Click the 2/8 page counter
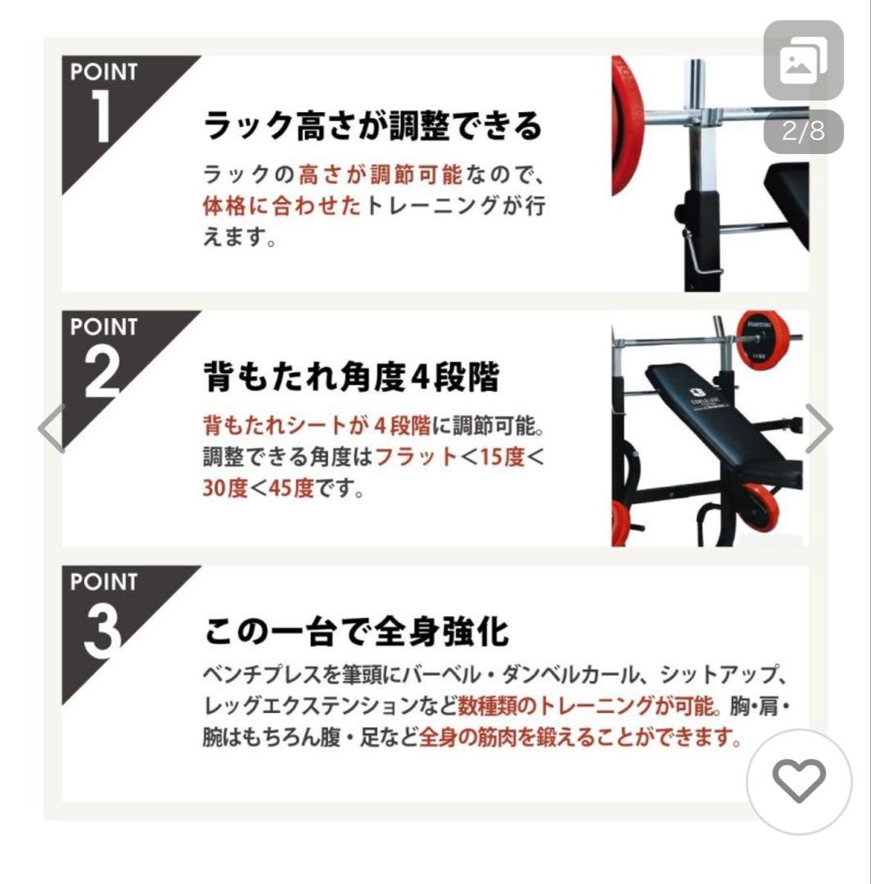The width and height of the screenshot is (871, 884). (803, 132)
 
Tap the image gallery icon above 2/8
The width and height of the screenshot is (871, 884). (803, 61)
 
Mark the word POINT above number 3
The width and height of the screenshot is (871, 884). (104, 582)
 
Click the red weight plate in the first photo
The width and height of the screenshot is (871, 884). (627, 123)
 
